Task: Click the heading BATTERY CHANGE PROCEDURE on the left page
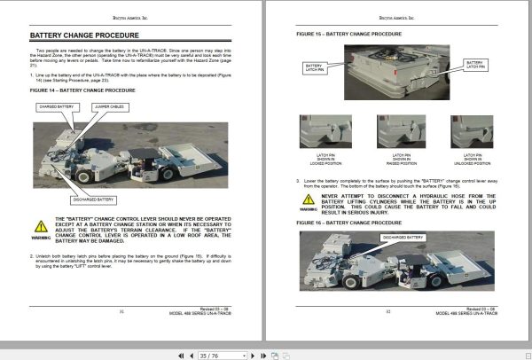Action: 83,36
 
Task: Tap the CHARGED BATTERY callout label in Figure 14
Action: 56,107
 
